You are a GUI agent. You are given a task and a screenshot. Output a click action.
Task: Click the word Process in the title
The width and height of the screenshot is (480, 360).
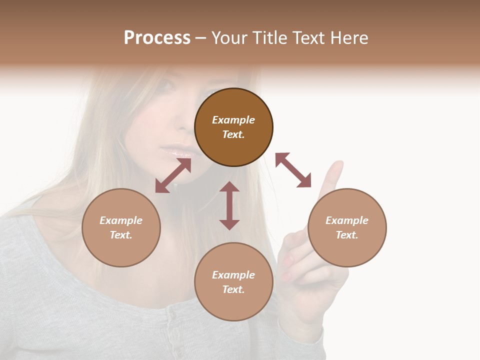pos(157,38)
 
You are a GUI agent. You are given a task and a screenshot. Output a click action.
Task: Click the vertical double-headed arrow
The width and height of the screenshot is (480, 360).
pos(229,205)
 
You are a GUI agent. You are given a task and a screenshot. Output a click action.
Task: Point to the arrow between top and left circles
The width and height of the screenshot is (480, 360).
pos(173,175)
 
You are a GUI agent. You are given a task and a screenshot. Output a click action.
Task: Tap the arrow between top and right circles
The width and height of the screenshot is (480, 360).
pos(293,170)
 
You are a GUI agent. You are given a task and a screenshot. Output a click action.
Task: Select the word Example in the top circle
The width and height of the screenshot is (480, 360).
pos(233,120)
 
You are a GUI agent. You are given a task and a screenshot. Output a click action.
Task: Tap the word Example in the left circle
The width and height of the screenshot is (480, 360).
pos(121,220)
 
